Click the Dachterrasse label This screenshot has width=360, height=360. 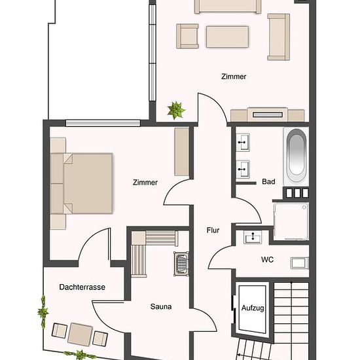click(82, 287)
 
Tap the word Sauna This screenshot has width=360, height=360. click(161, 306)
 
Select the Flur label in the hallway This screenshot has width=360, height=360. click(213, 230)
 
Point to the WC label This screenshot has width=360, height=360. click(267, 260)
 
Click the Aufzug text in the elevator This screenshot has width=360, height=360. click(253, 308)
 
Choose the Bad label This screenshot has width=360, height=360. click(268, 181)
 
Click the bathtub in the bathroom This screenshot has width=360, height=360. click(296, 156)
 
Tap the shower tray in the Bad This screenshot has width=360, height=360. click(291, 221)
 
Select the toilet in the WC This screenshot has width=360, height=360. click(300, 263)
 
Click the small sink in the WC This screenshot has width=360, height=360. click(253, 237)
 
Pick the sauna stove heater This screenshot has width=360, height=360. click(181, 264)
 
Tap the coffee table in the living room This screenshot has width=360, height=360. click(227, 37)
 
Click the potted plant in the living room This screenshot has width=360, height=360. click(176, 111)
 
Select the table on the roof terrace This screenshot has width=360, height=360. click(80, 334)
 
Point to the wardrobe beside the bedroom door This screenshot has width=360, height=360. click(181, 152)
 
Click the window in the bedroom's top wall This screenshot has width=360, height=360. click(103, 123)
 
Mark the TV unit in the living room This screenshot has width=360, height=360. click(268, 115)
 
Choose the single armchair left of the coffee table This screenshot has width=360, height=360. click(187, 36)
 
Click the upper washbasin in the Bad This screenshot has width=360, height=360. click(243, 142)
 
